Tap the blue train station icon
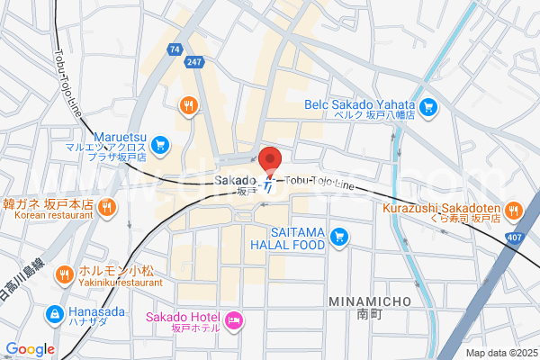(x=267, y=185)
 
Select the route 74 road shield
(x=174, y=48)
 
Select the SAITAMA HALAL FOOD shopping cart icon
(x=338, y=237)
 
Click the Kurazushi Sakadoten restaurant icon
(x=513, y=211)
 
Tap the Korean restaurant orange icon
(x=106, y=208)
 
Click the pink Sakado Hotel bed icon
(x=234, y=319)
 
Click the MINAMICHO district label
(x=370, y=301)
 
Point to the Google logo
(x=30, y=349)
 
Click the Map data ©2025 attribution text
(x=499, y=353)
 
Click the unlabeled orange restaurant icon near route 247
(x=187, y=105)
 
